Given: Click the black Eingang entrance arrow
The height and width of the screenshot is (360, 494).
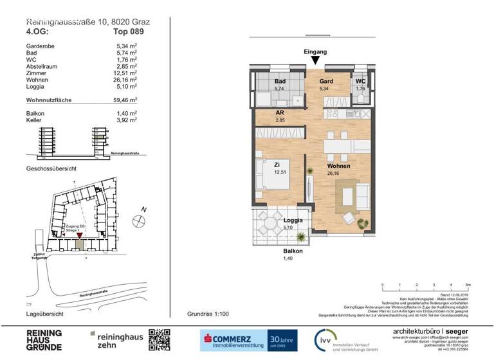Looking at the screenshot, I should tap(315, 60).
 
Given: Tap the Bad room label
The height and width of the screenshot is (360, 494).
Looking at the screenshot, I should tap(280, 82).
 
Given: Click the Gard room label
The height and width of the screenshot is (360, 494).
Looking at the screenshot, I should tap(326, 82).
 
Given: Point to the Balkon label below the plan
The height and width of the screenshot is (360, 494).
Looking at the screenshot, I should tap(292, 251).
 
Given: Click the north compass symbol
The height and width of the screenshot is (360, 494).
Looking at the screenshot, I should tap(138, 221).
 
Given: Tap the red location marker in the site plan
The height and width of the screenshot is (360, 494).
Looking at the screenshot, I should tap(80, 237).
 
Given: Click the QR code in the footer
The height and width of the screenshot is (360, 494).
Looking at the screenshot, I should tap(160, 340).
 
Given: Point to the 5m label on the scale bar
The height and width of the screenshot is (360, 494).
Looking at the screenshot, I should tap(468, 283).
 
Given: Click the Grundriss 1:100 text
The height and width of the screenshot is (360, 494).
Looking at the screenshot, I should tap(208, 314).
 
